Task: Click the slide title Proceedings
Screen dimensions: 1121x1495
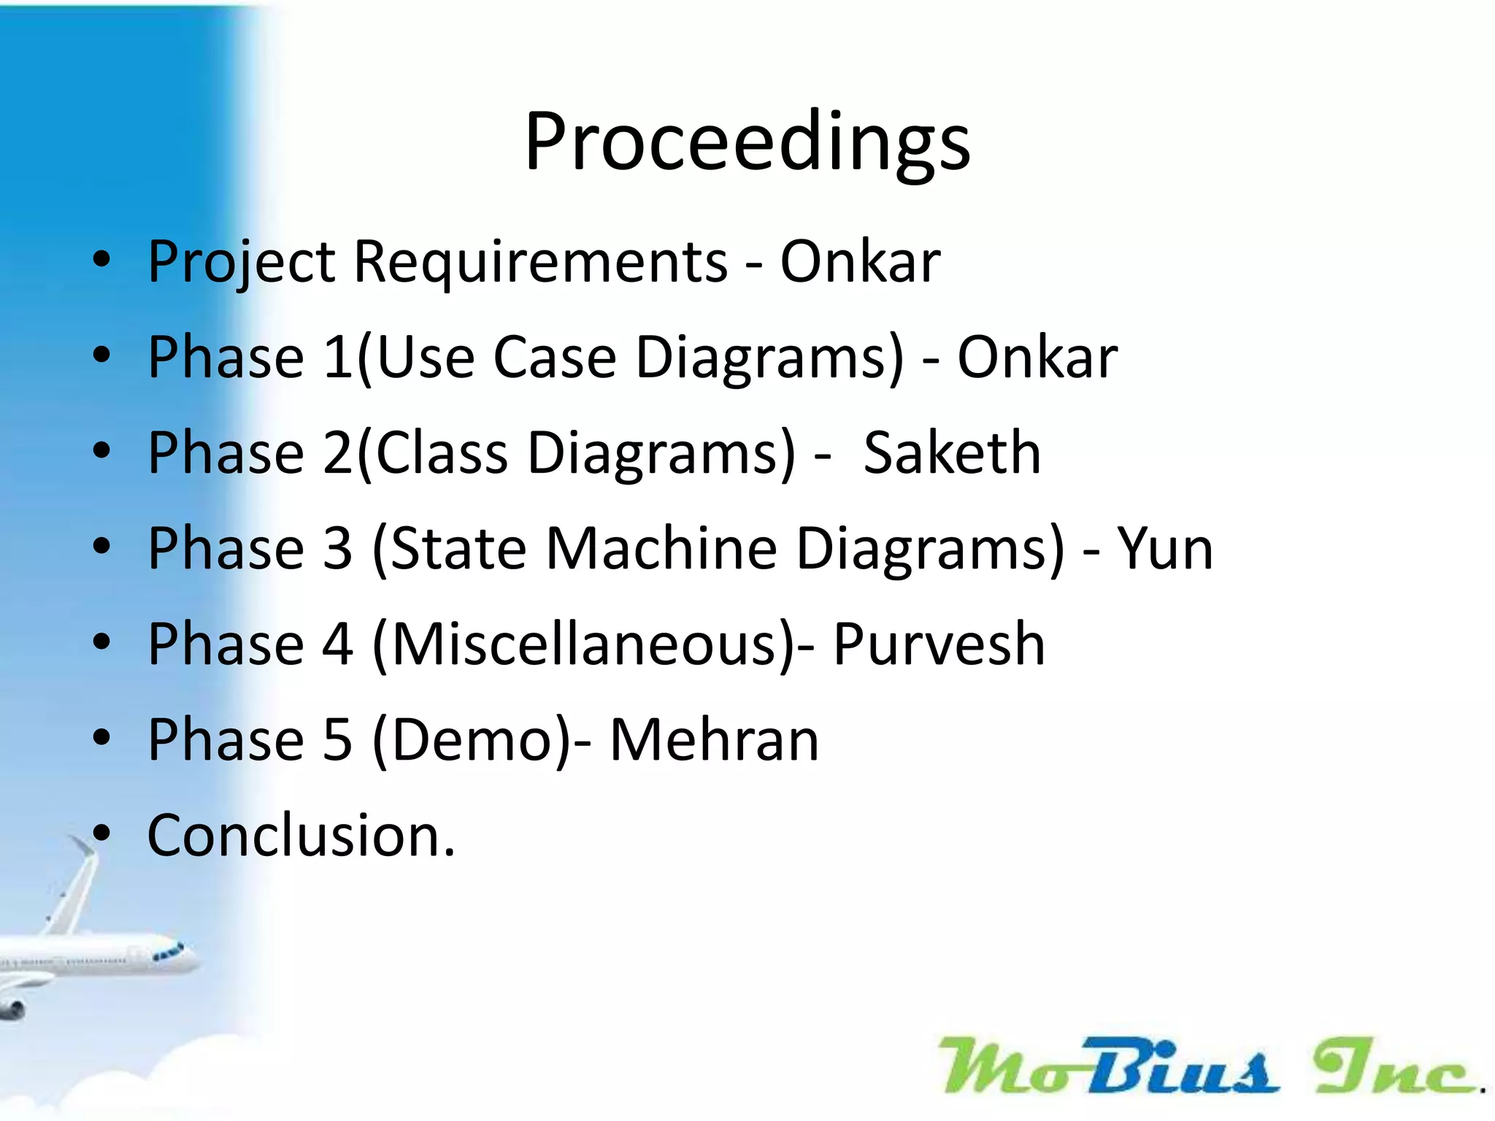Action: tap(747, 142)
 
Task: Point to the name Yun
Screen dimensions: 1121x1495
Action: tap(1165, 548)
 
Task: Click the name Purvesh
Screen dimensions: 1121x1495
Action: tap(939, 644)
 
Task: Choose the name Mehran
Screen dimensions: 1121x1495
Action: tap(714, 740)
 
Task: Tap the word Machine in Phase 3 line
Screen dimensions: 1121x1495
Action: tap(661, 548)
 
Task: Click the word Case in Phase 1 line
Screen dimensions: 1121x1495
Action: tap(555, 357)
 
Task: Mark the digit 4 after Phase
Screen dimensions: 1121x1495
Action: tap(337, 644)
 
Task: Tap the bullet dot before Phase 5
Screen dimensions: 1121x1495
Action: tap(101, 738)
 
